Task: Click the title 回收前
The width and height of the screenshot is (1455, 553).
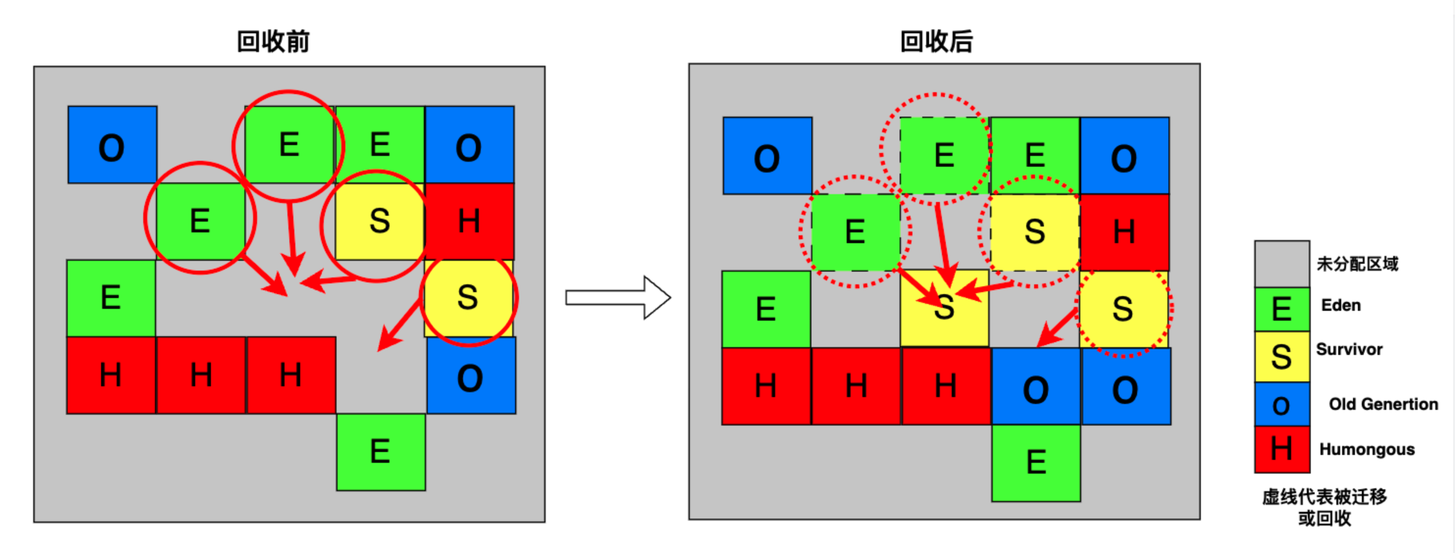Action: pos(273,42)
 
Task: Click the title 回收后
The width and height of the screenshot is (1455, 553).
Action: pos(936,42)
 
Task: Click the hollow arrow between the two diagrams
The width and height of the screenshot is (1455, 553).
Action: pos(618,298)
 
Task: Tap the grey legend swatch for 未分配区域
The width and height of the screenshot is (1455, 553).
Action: pos(1282,264)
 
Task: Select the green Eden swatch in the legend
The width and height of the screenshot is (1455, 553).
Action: pos(1282,309)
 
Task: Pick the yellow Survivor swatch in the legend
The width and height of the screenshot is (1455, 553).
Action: pos(1282,356)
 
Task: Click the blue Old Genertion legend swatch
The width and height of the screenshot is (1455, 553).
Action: pos(1282,404)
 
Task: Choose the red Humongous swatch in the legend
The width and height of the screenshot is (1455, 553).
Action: pos(1282,449)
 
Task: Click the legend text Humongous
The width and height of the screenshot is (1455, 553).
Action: pos(1366,449)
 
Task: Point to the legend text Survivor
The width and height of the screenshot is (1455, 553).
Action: pos(1349,349)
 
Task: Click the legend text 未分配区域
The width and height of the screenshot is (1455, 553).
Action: pos(1357,264)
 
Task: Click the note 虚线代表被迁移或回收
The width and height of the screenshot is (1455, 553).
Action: pos(1324,507)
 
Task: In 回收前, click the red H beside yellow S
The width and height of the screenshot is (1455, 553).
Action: pos(469,221)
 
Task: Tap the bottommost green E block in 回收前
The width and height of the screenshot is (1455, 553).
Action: pos(381,452)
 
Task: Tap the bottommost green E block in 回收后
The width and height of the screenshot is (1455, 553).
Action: pos(1036,463)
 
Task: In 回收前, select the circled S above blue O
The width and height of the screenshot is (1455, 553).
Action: pos(468,298)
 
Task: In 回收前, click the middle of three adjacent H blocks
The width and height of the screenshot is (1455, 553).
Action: pos(201,375)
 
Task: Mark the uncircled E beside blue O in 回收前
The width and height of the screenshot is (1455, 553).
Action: pos(380,145)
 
